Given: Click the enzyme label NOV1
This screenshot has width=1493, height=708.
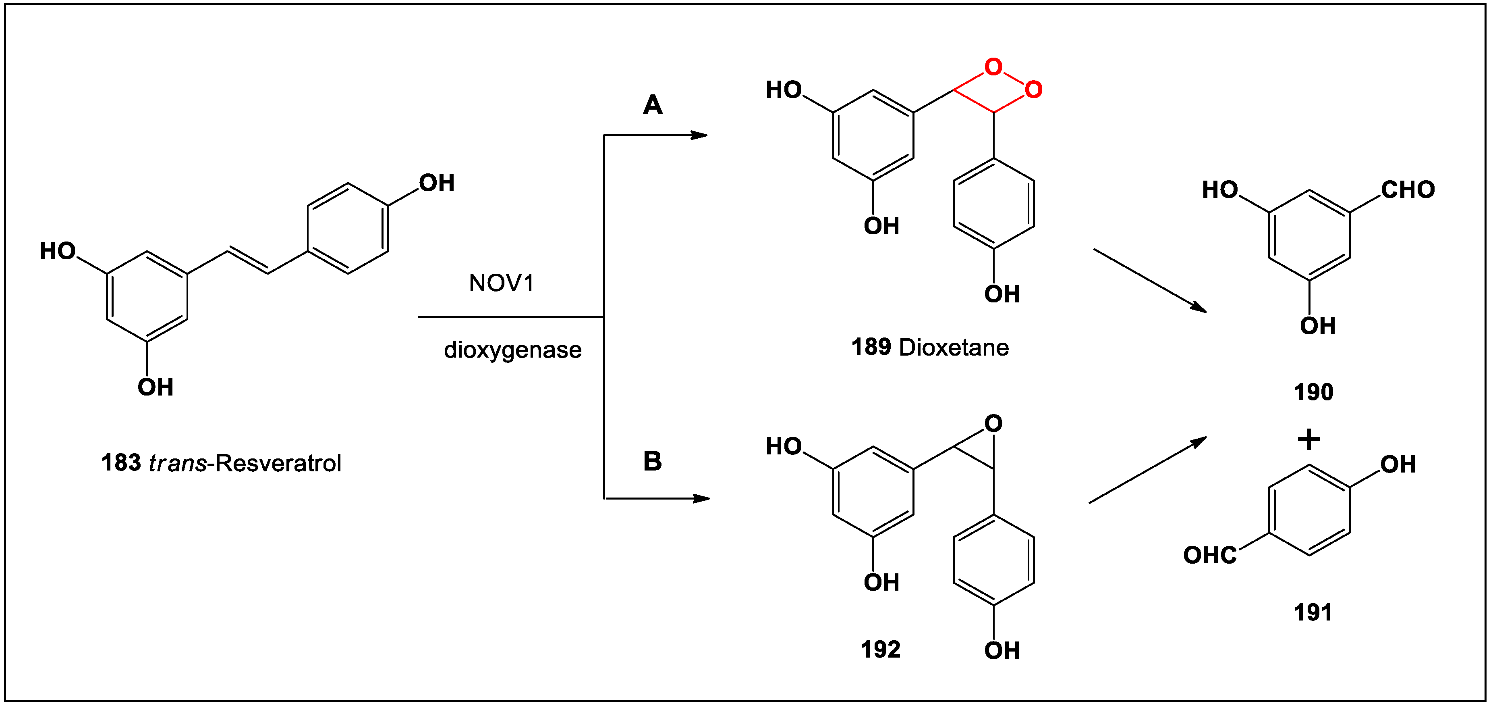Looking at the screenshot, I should pyautogui.click(x=501, y=283).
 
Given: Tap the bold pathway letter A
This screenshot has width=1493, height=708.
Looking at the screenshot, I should pyautogui.click(x=653, y=105).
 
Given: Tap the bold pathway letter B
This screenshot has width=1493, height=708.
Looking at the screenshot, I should pyautogui.click(x=653, y=462).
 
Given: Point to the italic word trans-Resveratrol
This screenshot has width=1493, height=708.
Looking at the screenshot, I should pyautogui.click(x=245, y=463).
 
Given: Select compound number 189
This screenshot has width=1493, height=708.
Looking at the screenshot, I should pyautogui.click(x=871, y=347).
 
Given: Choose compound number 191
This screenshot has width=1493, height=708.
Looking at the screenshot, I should pyautogui.click(x=1313, y=613).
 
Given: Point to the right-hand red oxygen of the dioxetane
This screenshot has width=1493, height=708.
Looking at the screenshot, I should pyautogui.click(x=1033, y=90).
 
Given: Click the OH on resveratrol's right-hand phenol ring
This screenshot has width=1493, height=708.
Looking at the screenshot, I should pyautogui.click(x=436, y=183).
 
